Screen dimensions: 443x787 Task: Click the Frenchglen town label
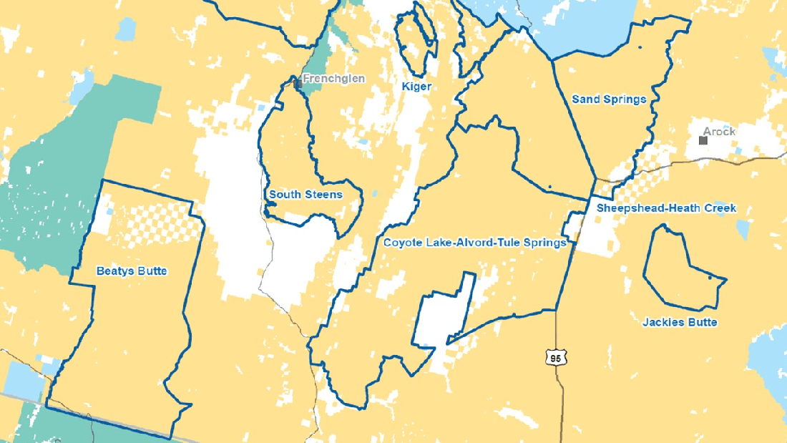pos(333,79)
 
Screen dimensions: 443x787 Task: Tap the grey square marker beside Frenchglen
pos(297,84)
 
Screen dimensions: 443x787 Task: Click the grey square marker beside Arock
pos(703,140)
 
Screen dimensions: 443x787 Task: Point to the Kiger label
pos(416,87)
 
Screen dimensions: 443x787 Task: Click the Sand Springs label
pos(609,99)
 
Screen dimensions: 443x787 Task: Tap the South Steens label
pos(305,195)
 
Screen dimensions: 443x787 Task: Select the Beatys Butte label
pos(132,271)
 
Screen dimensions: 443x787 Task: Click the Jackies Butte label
pos(680,323)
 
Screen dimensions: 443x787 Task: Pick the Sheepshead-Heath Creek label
pos(667,208)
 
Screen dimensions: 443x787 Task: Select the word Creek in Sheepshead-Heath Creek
pos(720,208)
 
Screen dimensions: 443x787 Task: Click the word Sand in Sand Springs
pos(584,99)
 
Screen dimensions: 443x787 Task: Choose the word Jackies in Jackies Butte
pos(662,323)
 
